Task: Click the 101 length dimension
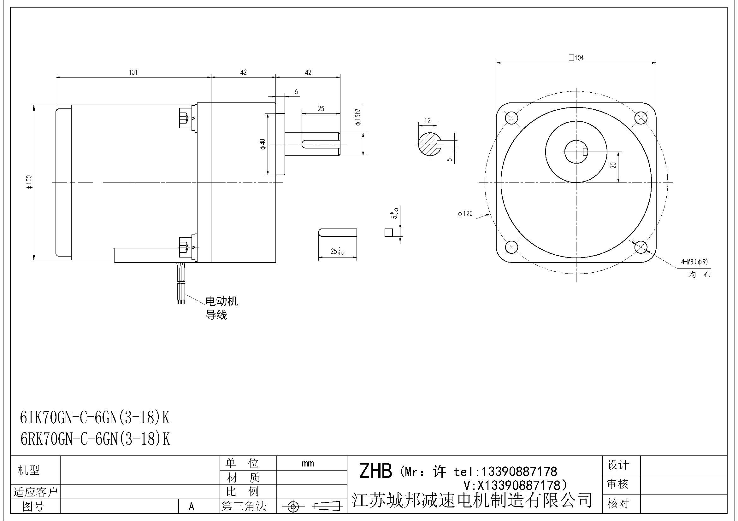coord(133,72)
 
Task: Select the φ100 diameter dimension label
coord(29,182)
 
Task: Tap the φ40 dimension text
coord(263,144)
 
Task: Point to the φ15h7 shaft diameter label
coord(358,117)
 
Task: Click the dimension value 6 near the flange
coord(296,92)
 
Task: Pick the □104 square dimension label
coord(576,58)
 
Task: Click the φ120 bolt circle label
coord(465,214)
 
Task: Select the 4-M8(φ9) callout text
coord(694,262)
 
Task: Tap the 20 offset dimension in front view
coord(613,165)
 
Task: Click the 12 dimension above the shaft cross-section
coord(427,121)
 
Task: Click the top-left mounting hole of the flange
coord(511,118)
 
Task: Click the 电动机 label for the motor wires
coord(221,301)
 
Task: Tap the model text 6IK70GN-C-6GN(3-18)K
coord(95,418)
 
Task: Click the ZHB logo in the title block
coord(375,471)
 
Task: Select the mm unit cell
coord(308,463)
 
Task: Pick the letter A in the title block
coord(192,507)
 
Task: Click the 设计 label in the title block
coord(618,465)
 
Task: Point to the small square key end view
coord(389,232)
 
